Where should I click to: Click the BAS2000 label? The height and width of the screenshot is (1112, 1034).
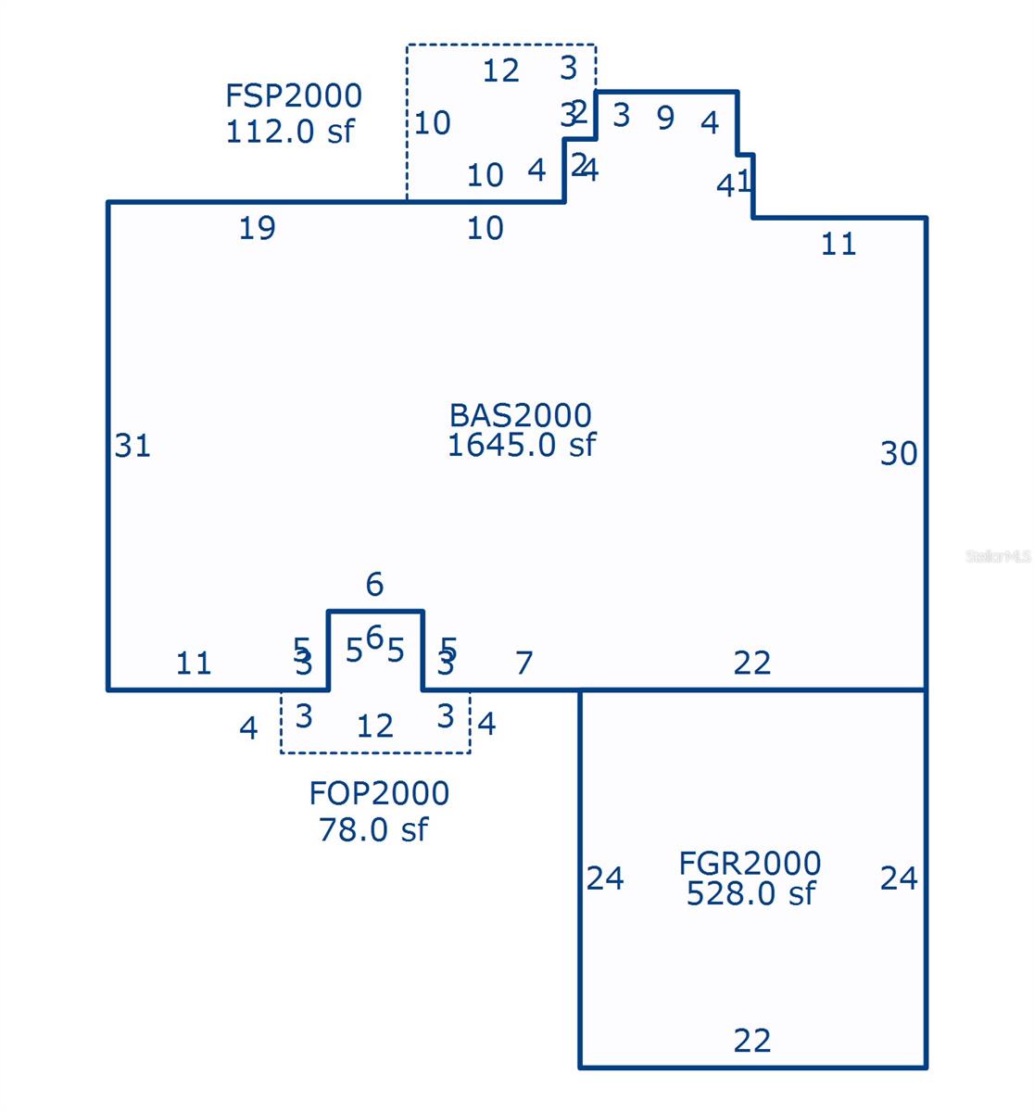pos(520,415)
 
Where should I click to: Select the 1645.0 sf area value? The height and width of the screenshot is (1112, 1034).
pos(521,446)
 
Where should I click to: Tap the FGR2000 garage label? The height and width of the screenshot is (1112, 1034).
pos(750,864)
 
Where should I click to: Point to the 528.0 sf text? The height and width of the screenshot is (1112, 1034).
pos(750,893)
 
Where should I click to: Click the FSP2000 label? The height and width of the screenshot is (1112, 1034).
pos(294,95)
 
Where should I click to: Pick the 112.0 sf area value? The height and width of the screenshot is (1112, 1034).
pos(289,131)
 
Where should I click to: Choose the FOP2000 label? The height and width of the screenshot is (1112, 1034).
pos(379,793)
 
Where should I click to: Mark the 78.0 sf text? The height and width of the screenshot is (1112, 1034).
pos(373,828)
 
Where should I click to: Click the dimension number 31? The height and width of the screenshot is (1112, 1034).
pos(132,446)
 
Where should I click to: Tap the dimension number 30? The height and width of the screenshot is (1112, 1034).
pos(899,453)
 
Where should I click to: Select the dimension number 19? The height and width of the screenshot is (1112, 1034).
pos(257,228)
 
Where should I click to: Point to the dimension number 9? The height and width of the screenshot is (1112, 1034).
pos(665,119)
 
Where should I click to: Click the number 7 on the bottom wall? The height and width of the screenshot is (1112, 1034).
pos(524,663)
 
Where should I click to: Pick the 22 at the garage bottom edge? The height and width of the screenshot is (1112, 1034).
pos(751,1041)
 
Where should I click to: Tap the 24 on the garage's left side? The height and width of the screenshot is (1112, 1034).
pos(605,878)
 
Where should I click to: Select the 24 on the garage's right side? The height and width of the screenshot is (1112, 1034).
pos(899,878)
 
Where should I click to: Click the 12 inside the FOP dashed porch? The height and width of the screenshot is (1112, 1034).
pos(375,726)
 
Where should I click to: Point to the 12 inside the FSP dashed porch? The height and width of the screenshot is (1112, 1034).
pos(501,70)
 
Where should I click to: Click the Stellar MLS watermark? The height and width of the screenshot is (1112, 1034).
pos(998,556)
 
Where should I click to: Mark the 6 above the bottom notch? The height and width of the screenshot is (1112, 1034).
pos(374,584)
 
